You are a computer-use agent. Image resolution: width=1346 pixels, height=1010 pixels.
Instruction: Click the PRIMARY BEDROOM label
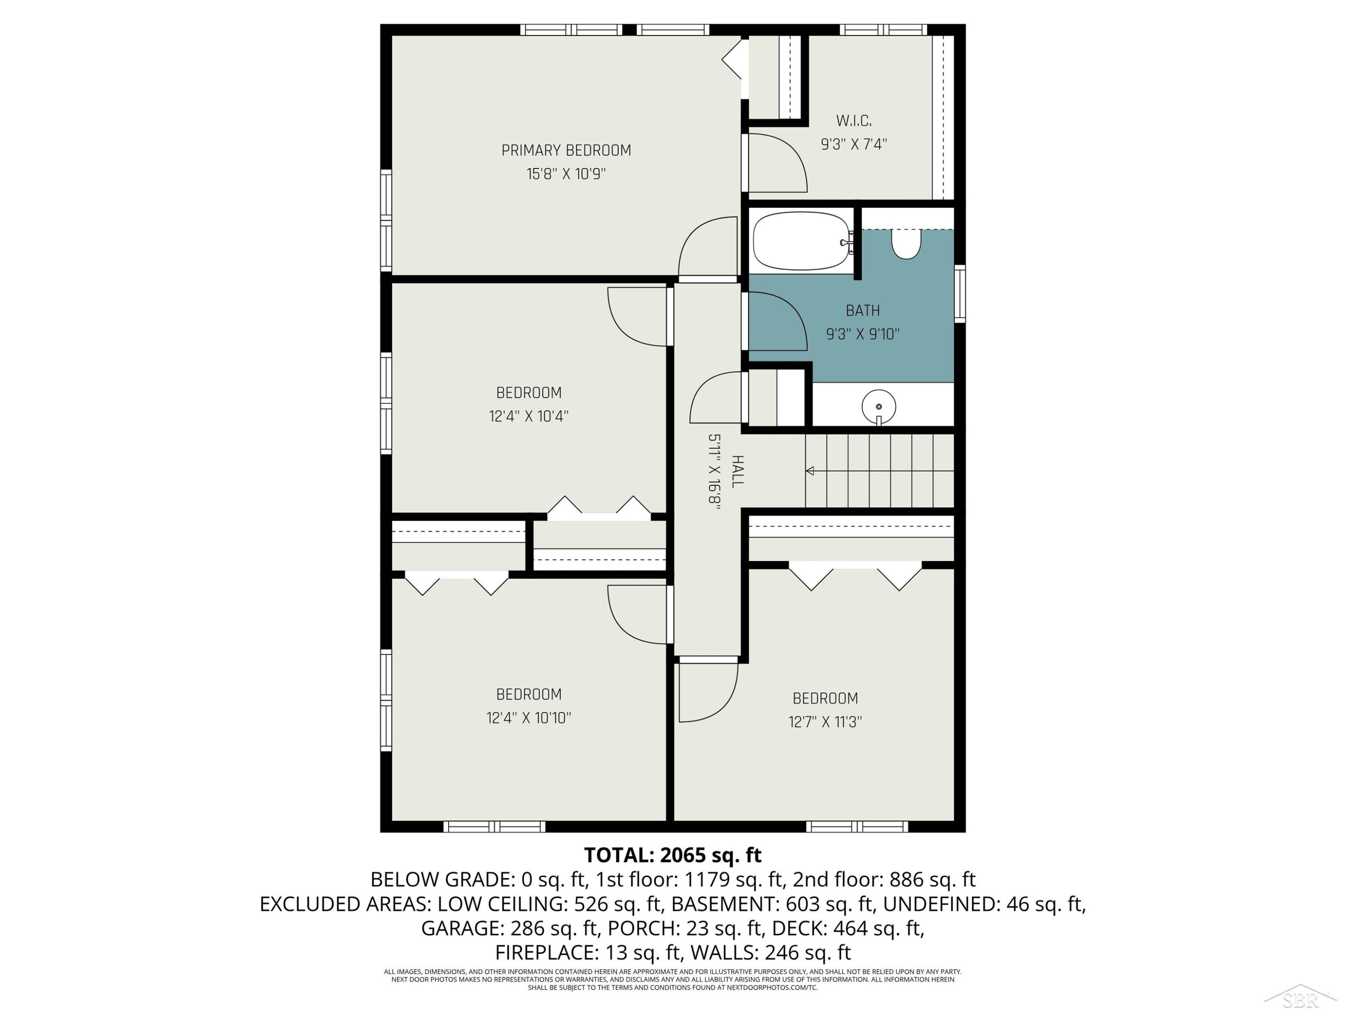click(x=566, y=150)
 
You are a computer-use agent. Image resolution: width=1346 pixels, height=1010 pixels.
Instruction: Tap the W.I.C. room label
click(x=854, y=121)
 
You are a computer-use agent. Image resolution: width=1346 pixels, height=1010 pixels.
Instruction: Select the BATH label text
click(x=863, y=311)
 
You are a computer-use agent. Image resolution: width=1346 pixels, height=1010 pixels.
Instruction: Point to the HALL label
click(x=737, y=471)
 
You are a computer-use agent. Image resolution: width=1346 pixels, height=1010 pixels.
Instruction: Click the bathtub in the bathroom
click(x=801, y=241)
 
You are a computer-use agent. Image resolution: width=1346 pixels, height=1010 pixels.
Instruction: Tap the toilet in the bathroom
click(x=906, y=243)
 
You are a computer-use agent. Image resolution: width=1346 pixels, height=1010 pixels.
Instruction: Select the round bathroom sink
click(x=878, y=407)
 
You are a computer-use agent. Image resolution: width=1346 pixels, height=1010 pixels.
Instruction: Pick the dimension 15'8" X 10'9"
click(x=566, y=174)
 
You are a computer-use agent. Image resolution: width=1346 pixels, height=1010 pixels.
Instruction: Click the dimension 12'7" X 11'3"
click(x=825, y=722)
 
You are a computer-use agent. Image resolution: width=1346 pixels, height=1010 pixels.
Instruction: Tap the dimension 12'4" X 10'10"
click(x=529, y=718)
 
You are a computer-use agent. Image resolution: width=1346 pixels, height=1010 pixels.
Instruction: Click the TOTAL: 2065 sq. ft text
click(x=673, y=856)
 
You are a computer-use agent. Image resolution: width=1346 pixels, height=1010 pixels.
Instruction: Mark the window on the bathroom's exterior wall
click(x=960, y=294)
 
